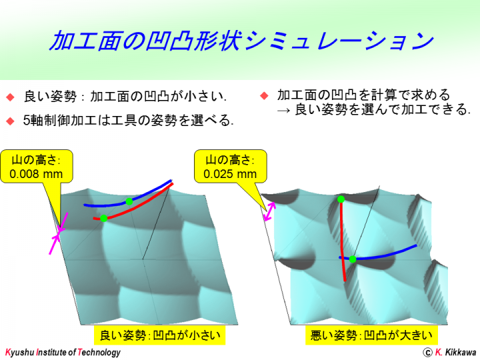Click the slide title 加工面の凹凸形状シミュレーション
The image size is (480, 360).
click(241, 41)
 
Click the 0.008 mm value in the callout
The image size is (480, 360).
click(36, 174)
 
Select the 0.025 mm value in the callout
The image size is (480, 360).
click(230, 174)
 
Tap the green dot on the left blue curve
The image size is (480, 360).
click(129, 201)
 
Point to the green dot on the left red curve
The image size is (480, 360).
click(104, 218)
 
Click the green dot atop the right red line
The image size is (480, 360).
click(341, 199)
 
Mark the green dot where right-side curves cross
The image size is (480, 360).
click(353, 259)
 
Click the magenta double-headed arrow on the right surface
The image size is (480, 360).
click(269, 211)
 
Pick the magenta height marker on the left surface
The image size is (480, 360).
click(59, 233)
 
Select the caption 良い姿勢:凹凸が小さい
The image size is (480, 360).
click(160, 335)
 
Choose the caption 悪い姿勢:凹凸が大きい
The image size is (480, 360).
click(371, 335)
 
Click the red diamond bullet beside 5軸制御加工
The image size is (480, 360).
click(11, 121)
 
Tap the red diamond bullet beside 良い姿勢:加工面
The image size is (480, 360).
click(11, 97)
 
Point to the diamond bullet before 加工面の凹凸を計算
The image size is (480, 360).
click(264, 96)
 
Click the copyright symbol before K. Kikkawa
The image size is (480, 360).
click(427, 353)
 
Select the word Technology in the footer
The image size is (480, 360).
click(99, 353)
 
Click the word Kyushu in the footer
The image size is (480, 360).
click(19, 353)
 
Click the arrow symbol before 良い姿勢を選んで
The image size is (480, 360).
click(283, 110)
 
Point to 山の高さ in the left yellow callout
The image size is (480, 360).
click(36, 160)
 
